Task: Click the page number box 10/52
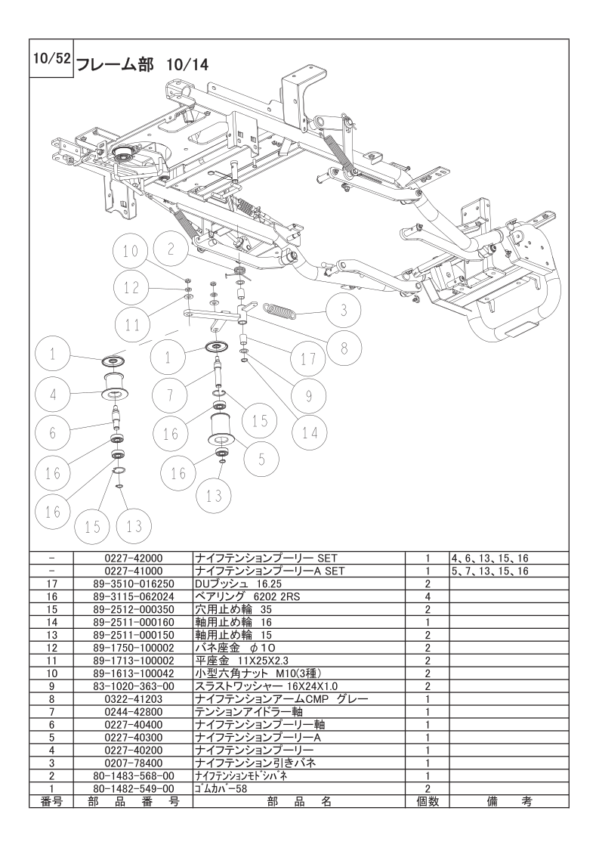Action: tap(51, 58)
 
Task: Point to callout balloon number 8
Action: tap(344, 348)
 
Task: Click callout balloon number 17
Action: tap(308, 360)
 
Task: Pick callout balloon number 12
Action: tap(132, 287)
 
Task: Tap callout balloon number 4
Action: tap(54, 395)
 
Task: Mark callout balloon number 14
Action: tap(310, 433)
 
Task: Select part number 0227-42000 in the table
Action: tap(132, 558)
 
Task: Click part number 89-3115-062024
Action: tap(132, 596)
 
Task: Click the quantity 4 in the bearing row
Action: tap(427, 596)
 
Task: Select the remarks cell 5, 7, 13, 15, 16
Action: tap(489, 571)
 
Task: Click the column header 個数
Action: tap(427, 802)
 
